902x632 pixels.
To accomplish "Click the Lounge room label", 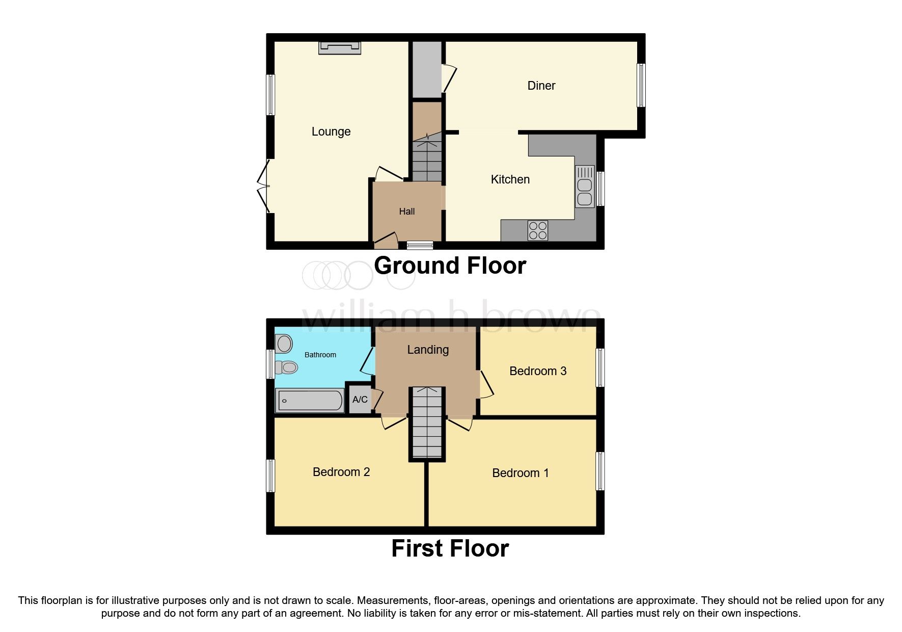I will click(x=331, y=131).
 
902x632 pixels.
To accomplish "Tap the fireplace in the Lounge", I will click(x=339, y=48).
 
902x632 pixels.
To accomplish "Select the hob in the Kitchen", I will click(x=538, y=230).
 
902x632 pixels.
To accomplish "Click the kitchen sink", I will click(x=585, y=187).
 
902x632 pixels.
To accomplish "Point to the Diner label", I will click(x=541, y=86).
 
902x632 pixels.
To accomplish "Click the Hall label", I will click(x=406, y=212).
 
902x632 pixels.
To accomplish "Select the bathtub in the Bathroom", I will click(x=309, y=400).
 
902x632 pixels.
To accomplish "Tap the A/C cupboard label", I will click(x=360, y=400).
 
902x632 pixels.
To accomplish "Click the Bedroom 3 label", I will click(x=538, y=371).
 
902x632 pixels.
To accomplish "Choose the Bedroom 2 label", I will click(x=341, y=472).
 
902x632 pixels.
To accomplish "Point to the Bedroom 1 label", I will click(x=520, y=473).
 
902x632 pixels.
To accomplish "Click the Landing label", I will click(x=428, y=350).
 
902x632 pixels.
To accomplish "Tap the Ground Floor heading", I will click(x=450, y=266).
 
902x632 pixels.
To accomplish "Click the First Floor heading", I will click(x=450, y=548).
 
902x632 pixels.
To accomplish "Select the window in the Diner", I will click(x=641, y=85).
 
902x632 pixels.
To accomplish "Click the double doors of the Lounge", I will click(x=264, y=187).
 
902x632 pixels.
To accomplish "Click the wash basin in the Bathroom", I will click(x=284, y=344).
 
